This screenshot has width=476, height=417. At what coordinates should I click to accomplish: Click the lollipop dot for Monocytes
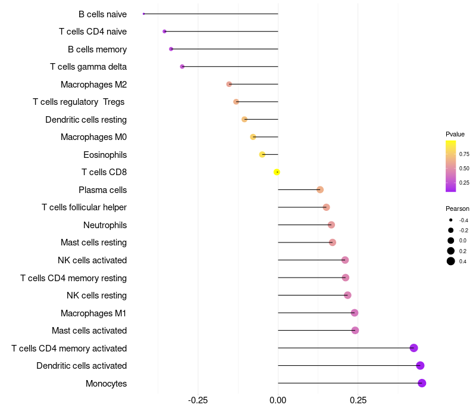pyautogui.click(x=422, y=383)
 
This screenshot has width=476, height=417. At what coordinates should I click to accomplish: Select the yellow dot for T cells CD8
pyautogui.click(x=277, y=172)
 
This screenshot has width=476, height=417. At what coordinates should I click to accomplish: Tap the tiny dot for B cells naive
pyautogui.click(x=144, y=14)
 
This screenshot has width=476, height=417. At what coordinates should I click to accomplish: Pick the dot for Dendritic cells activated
pyautogui.click(x=420, y=366)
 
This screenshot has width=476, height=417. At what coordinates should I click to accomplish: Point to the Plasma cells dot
pyautogui.click(x=320, y=190)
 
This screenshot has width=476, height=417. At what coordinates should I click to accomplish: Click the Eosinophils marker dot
pyautogui.click(x=262, y=155)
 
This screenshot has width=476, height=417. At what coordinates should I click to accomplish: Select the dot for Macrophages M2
pyautogui.click(x=229, y=85)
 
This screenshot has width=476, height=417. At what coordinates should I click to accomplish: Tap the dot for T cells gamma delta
pyautogui.click(x=182, y=67)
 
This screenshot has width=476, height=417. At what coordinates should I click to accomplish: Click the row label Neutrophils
pyautogui.click(x=105, y=225)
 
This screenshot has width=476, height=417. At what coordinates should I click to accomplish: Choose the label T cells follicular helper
pyautogui.click(x=84, y=207)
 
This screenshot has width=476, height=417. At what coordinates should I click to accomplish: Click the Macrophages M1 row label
pyautogui.click(x=93, y=313)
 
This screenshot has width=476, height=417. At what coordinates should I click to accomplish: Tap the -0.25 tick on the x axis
pyautogui.click(x=198, y=400)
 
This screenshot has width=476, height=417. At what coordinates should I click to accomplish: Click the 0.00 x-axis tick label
pyautogui.click(x=278, y=400)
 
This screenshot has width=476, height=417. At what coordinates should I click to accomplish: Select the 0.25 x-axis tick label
pyautogui.click(x=358, y=400)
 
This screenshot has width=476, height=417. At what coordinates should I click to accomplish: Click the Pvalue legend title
pyautogui.click(x=455, y=134)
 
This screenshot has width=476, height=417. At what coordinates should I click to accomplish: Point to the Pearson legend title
pyautogui.click(x=458, y=208)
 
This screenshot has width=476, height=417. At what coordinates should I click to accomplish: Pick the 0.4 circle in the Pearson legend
pyautogui.click(x=451, y=261)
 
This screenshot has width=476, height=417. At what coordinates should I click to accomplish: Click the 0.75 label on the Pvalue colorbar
pyautogui.click(x=464, y=154)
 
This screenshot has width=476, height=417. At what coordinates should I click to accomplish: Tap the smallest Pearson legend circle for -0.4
pyautogui.click(x=451, y=220)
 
